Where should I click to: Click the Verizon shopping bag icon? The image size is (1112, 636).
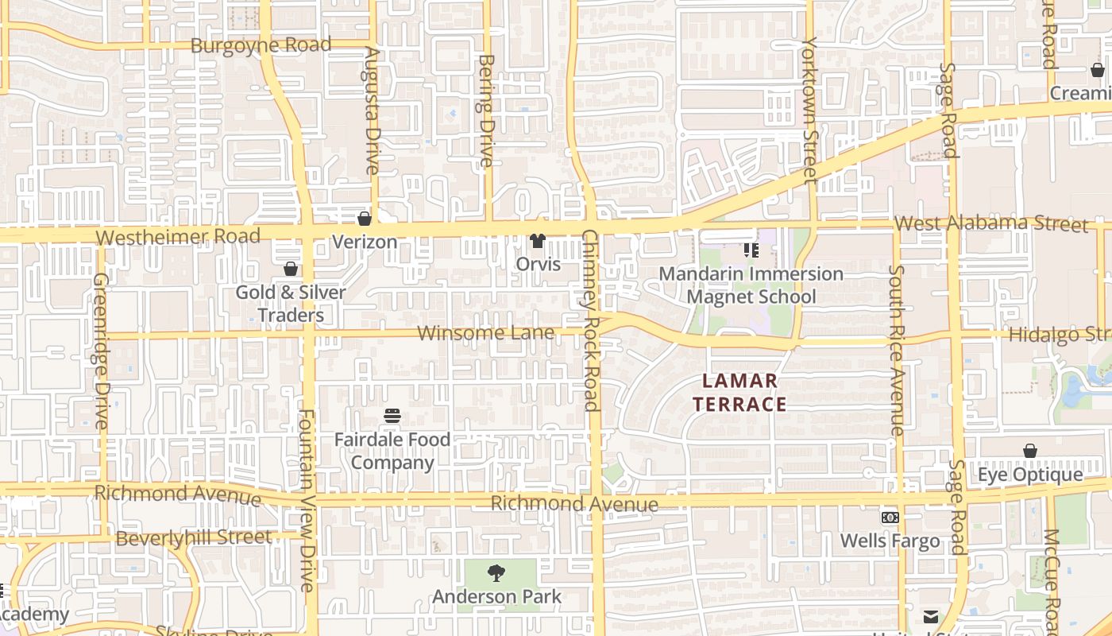365,218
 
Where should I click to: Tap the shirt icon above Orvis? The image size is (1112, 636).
538,240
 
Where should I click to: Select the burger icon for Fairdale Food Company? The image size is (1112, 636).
392,416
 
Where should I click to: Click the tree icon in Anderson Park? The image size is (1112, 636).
496,572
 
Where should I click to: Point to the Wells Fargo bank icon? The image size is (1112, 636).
890,518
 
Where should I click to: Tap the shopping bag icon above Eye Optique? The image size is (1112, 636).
1029,451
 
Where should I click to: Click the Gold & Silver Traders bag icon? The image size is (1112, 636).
291,269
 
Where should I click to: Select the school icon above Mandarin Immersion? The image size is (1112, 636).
751,250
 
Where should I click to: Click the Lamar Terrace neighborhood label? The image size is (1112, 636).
739,393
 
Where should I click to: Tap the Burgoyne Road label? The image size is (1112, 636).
261,45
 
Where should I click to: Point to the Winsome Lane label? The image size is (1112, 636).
485,333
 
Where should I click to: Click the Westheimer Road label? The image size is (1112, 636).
178,237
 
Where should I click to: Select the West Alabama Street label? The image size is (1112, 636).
990,223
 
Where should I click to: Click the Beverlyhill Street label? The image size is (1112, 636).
194,538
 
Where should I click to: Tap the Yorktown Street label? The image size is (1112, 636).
809,111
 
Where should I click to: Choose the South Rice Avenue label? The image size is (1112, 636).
897,351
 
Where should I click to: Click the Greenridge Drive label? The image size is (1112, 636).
101,351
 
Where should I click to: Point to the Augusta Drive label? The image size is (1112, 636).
372,111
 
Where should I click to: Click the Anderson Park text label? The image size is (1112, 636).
496,596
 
